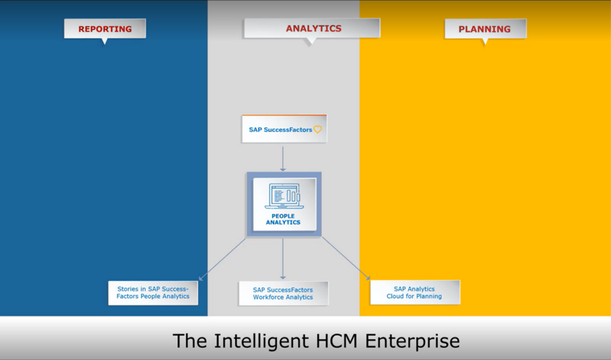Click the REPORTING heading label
[105, 29]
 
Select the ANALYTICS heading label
[312, 28]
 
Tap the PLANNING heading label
[486, 29]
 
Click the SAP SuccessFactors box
[285, 129]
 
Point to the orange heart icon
[317, 130]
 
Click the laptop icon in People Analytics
[283, 196]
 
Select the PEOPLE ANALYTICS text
[283, 219]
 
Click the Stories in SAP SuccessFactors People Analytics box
[153, 293]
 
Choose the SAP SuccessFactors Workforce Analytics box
[283, 293]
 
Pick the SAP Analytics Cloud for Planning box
[415, 293]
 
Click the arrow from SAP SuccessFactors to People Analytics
[283, 159]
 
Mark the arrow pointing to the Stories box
[222, 259]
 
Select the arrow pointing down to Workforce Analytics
[283, 259]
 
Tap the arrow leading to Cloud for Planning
[345, 258]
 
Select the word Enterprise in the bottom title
[412, 341]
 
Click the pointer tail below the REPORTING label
[104, 41]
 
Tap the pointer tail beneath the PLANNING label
[485, 42]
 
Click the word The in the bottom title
[190, 340]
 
